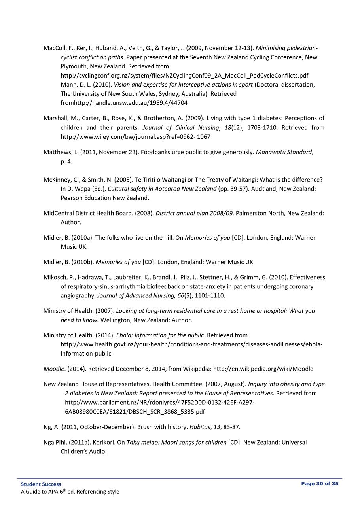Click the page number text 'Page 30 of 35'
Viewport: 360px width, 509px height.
click(320, 483)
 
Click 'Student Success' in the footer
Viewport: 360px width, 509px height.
click(41, 484)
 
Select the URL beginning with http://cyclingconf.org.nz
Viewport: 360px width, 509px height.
click(184, 76)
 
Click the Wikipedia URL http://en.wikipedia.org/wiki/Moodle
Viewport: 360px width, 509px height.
click(263, 369)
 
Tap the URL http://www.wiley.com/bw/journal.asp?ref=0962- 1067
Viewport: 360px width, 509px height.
click(135, 137)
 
